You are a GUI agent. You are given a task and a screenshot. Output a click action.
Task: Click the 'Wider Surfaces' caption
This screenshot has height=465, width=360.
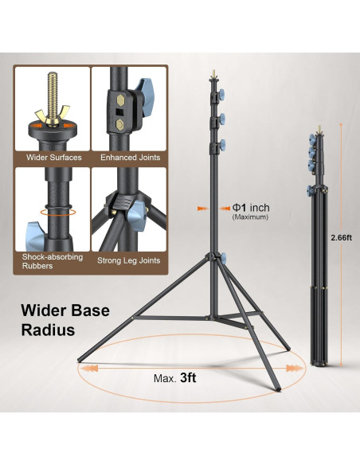pyautogui.click(x=53, y=157)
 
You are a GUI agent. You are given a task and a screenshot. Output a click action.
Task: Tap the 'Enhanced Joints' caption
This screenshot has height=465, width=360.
pyautogui.click(x=130, y=157)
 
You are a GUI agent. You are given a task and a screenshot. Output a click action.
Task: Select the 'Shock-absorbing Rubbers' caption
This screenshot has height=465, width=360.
pyautogui.click(x=53, y=261)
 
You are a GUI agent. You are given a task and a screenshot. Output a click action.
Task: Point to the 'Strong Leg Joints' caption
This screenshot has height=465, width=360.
pyautogui.click(x=129, y=260)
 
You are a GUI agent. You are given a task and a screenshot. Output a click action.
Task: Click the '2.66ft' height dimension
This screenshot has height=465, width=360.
pyautogui.click(x=342, y=237)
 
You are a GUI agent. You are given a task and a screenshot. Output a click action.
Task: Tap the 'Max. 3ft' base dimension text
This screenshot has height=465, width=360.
pyautogui.click(x=174, y=378)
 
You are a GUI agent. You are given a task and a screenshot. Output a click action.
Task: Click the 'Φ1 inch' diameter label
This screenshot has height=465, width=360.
pyautogui.click(x=251, y=207)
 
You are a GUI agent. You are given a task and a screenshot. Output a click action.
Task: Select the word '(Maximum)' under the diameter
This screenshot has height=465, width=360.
pyautogui.click(x=250, y=217)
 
